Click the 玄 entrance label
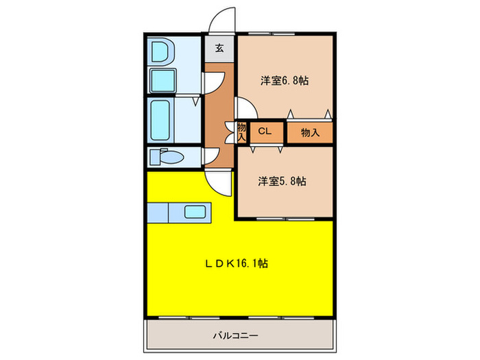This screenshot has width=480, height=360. [x=219, y=48]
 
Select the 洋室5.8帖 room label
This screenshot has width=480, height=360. [x=282, y=182]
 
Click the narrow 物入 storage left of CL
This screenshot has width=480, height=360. [x=242, y=132]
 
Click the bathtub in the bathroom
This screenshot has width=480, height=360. [x=162, y=120]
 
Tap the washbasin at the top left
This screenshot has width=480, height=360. [x=161, y=52]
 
